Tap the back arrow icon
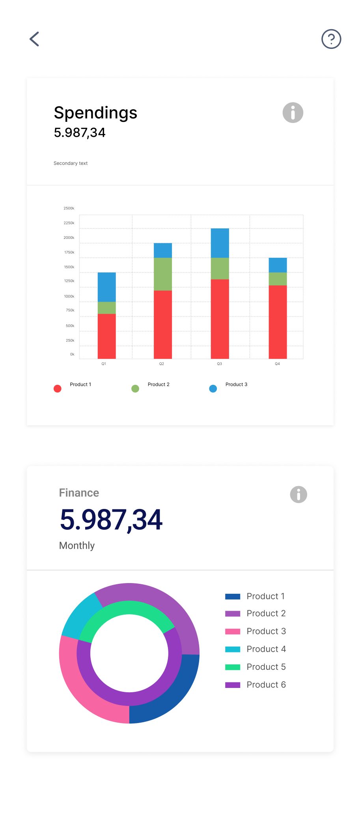coord(35,39)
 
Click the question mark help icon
coord(331,39)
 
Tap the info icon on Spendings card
coord(293,113)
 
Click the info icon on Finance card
coord(298,494)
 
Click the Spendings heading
coord(95,113)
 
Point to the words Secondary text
coord(71,163)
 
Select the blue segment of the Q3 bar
coord(220,243)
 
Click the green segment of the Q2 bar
coord(163,274)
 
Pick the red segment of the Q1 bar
coord(107,336)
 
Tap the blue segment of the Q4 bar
coord(278,265)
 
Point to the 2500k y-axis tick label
coord(69,208)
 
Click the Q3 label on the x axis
coord(220,364)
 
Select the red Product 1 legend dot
coord(58,389)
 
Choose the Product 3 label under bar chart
coord(237,384)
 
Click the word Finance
coord(79,493)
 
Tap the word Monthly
coord(77,546)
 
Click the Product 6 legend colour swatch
coord(233,685)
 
